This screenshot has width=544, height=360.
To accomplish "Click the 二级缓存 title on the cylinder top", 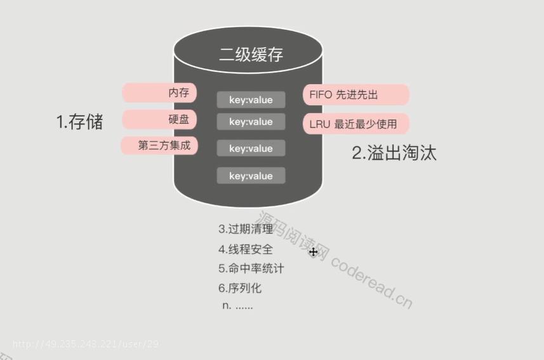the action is (251, 55).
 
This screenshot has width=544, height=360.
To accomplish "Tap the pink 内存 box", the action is (159, 93).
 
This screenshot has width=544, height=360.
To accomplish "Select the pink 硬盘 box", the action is (159, 119).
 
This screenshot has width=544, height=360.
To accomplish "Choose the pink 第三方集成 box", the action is (159, 145).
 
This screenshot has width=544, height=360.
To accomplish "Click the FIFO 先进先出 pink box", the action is (356, 95).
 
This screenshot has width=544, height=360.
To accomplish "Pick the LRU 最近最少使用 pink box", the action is (356, 124).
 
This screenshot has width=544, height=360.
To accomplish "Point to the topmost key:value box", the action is (251, 100).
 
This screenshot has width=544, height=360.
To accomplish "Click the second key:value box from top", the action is (251, 121).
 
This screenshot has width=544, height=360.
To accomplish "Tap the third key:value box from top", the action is (251, 148).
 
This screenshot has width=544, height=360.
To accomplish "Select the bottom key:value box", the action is (251, 176).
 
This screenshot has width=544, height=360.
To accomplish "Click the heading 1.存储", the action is (79, 122).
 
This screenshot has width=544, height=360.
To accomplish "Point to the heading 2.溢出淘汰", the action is (394, 153).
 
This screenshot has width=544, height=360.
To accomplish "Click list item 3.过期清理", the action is (246, 229).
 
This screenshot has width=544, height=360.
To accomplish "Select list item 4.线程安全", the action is (246, 250).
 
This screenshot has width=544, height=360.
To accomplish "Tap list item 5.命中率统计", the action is (251, 269).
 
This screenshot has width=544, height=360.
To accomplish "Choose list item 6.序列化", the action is (240, 288).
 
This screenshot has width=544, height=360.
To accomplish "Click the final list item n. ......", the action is (237, 306).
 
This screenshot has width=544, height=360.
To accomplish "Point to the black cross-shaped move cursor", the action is (314, 252).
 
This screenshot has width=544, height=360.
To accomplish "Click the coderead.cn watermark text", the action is (371, 283).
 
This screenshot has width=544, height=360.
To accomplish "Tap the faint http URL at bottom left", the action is (86, 344).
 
